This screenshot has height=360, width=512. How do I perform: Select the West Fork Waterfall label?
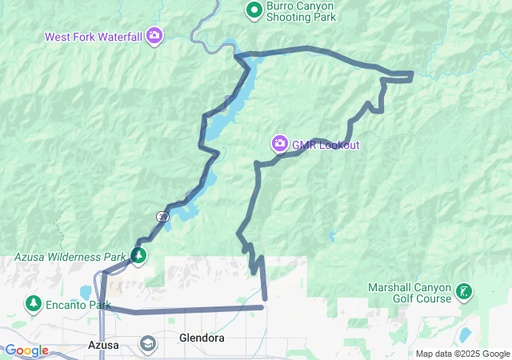coord(94,36)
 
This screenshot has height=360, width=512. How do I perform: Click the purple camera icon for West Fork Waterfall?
coord(154,35)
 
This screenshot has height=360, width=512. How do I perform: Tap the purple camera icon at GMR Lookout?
coord(279,143)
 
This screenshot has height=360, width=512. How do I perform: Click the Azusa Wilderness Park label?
coord(70,257)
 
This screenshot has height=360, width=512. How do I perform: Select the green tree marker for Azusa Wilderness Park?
coord(138,256)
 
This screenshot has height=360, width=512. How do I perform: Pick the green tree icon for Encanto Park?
coord(34,304)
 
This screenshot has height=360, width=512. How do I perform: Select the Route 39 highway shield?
coord(162,216)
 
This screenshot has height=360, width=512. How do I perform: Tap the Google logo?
coord(26,350)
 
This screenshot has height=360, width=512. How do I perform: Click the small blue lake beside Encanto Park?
coord(86,291)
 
